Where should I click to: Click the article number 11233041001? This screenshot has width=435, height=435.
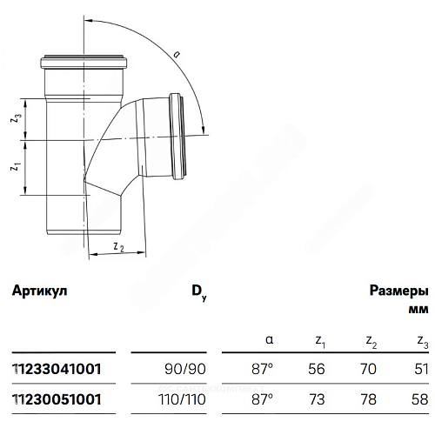(57, 369)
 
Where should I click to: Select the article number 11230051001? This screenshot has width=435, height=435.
(57, 399)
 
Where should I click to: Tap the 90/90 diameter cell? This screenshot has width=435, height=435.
(185, 369)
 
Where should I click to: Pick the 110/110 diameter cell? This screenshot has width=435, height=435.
(182, 399)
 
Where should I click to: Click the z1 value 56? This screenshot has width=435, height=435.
(317, 369)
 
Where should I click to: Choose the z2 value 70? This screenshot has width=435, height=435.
(368, 369)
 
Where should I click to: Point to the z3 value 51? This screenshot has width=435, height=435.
(419, 369)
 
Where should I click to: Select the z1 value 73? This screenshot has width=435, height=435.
(317, 399)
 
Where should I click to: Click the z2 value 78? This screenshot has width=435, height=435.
(368, 399)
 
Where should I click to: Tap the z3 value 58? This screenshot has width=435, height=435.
(419, 399)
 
